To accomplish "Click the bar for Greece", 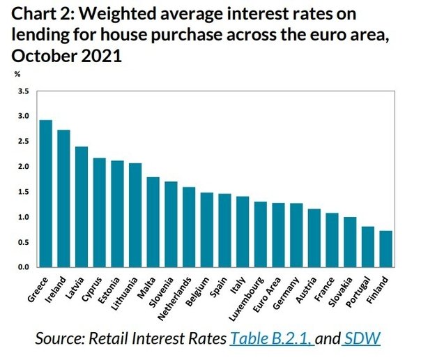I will [46, 194].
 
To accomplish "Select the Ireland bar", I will [64, 199].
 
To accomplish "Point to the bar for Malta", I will [153, 223].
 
